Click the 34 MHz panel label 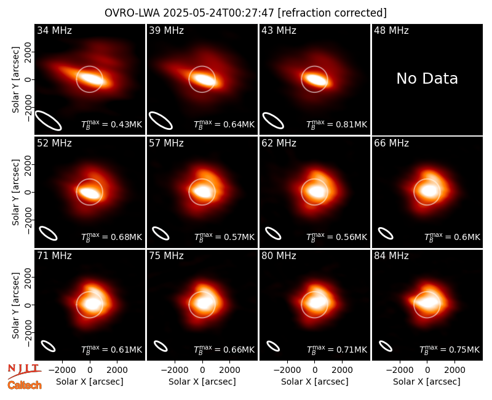coord(54,30)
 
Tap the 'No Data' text coord(427,79)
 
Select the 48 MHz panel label coord(391,30)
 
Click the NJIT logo coord(25,371)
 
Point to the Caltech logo coord(25,385)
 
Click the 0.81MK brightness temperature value coord(336,125)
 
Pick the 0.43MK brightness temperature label coord(112,125)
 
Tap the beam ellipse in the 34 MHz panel coord(48,120)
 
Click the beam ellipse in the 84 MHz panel coord(386,346)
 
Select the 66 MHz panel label coord(391,143)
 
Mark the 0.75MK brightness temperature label coord(450,350)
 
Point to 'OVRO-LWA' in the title coord(132,13)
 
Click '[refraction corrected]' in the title coord(332,13)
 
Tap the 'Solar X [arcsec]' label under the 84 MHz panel coord(427,382)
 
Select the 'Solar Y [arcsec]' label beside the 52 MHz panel coord(16,192)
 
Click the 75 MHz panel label coord(166,256)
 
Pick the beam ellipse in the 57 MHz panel coord(161,233)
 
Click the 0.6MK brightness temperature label coord(452,237)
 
